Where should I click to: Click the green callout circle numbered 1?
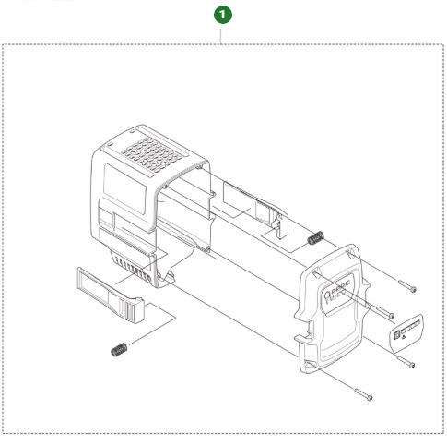[222, 16]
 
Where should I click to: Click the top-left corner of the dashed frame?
[5, 42]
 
